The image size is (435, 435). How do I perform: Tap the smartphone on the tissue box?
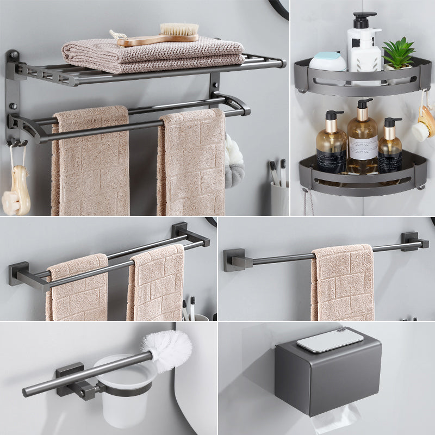pyautogui.click(x=330, y=340)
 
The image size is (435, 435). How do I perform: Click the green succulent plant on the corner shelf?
pyautogui.click(x=399, y=53)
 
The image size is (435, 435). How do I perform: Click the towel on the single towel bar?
pyautogui.click(x=343, y=283)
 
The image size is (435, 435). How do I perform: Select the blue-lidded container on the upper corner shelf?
pyautogui.click(x=328, y=61)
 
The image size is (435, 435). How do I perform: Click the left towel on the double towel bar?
pyautogui.click(x=76, y=288)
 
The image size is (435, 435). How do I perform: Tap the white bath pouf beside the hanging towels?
pyautogui.click(x=234, y=160)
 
